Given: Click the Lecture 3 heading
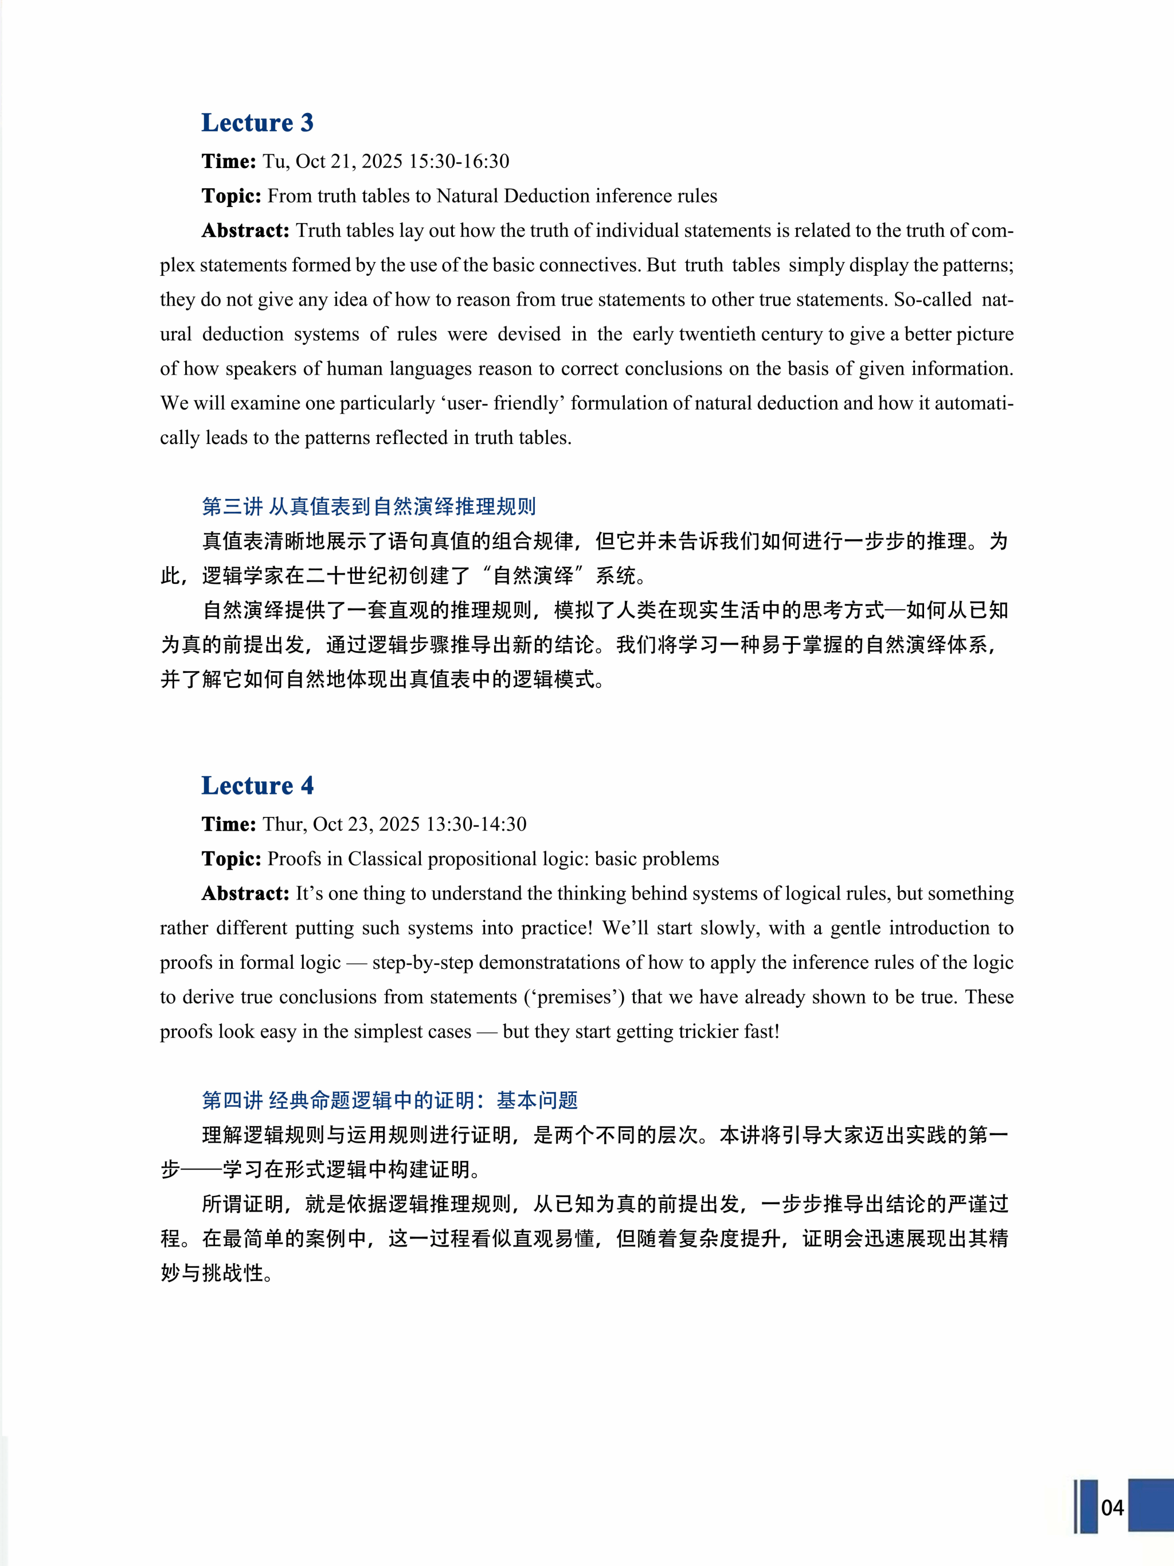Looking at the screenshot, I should point(257,123).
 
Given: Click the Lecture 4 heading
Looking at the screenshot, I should point(257,786).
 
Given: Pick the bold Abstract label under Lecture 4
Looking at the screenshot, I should point(245,894).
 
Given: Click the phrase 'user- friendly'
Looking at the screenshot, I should point(502,403).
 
